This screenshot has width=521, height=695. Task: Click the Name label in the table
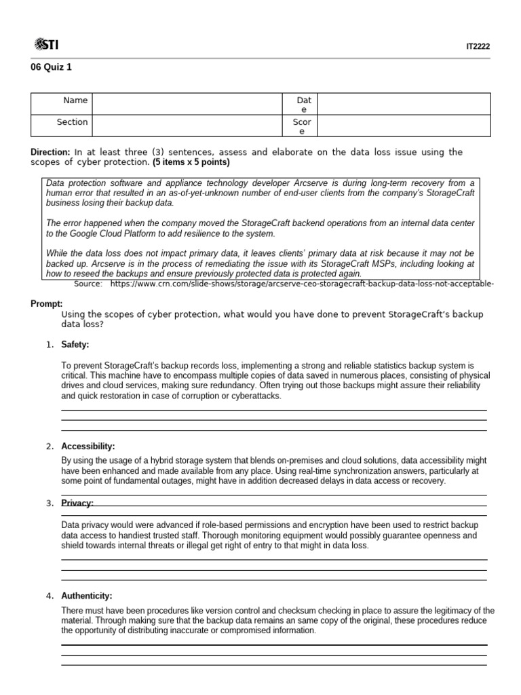point(75,100)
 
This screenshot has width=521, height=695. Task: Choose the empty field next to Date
point(403,104)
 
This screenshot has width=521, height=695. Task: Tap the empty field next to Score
point(403,126)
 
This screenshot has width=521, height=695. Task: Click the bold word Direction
point(50,152)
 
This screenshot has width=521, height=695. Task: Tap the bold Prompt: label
point(47,303)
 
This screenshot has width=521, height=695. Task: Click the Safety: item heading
point(75,345)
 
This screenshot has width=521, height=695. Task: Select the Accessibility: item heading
point(88,447)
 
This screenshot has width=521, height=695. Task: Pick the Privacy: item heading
point(77,503)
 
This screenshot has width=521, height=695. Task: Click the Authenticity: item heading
point(86,596)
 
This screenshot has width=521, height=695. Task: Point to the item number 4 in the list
point(50,596)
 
